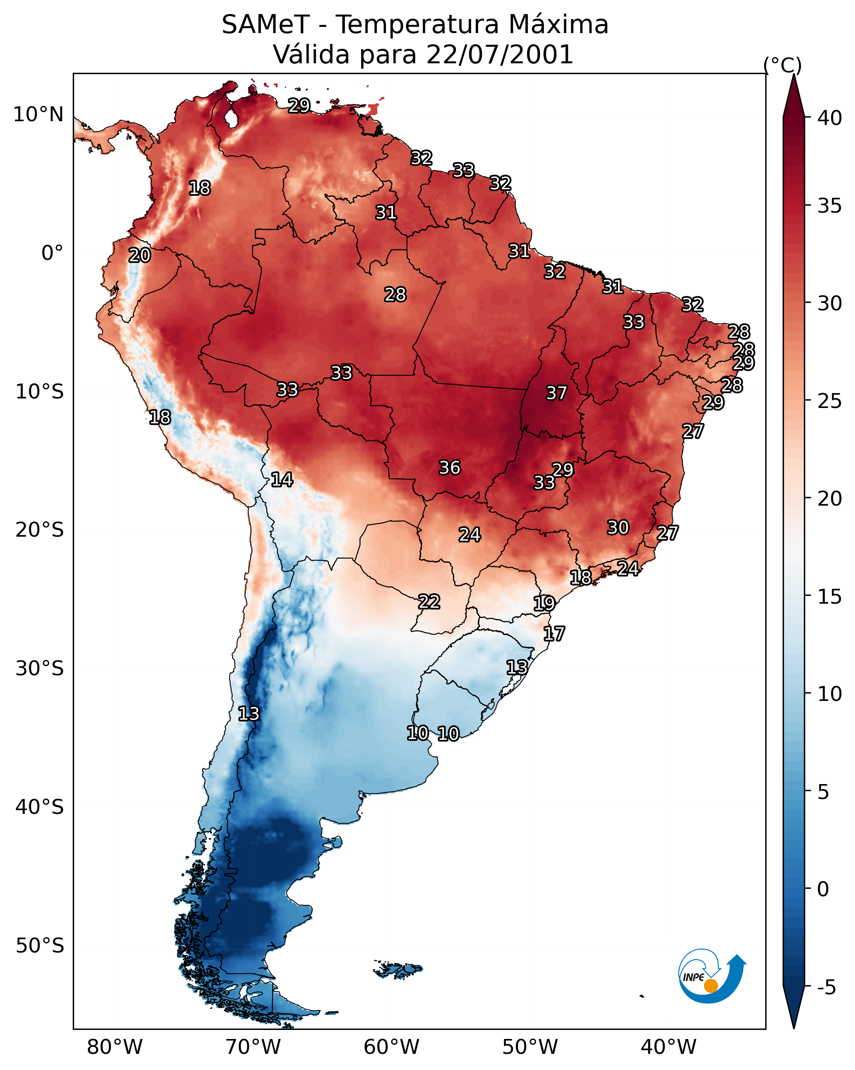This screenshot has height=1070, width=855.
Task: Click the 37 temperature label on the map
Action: pos(556,393)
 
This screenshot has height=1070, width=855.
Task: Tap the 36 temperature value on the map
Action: pos(450,468)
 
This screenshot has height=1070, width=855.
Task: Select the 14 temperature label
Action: pos(281,480)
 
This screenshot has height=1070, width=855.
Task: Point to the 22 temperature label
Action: pos(429,602)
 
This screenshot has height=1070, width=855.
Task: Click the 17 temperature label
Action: pos(553,634)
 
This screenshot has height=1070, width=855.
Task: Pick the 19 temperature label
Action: pos(544,604)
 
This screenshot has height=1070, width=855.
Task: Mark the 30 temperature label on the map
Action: pos(618,528)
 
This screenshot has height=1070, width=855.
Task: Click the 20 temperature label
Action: pos(139,256)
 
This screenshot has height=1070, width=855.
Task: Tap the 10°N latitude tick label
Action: pos(38,115)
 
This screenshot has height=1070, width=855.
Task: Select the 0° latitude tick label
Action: pos(52,253)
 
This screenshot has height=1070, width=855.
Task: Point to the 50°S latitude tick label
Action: pos(40,946)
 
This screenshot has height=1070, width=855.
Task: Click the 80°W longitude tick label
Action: pos(115,1047)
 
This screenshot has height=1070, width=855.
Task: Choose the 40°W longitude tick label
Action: pos(668,1047)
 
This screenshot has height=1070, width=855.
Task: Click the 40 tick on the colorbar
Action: pos(830,118)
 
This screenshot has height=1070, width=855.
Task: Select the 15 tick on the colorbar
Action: pos(830,597)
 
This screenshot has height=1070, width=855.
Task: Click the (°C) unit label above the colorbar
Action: pos(782,65)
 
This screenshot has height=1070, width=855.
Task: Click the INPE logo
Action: pos(711,977)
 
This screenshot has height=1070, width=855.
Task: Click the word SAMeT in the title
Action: pos(266,25)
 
